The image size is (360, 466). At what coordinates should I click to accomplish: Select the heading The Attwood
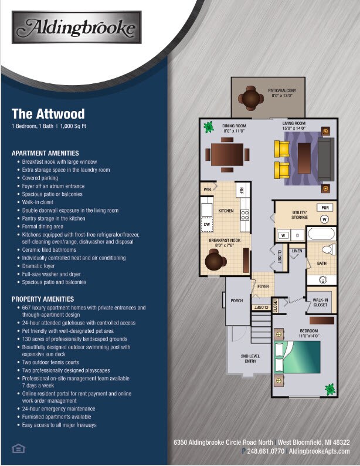pos(48,113)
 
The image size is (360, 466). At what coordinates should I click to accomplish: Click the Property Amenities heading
pos(43,299)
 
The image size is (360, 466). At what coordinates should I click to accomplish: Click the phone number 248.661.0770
pos(263,451)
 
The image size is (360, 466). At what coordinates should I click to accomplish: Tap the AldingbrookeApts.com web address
pos(320,451)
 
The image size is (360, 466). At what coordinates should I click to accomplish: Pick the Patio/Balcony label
pos(282,93)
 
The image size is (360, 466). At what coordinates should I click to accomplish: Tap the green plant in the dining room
pos(208,126)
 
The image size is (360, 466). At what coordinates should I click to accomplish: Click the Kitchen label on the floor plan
pos(226,210)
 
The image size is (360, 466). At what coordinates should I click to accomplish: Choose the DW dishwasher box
pos(206,224)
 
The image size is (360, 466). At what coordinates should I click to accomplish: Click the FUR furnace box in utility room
pos(324,207)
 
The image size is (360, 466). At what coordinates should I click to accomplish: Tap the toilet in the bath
pos(329,250)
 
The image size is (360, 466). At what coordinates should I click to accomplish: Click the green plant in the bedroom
pos(330,389)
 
